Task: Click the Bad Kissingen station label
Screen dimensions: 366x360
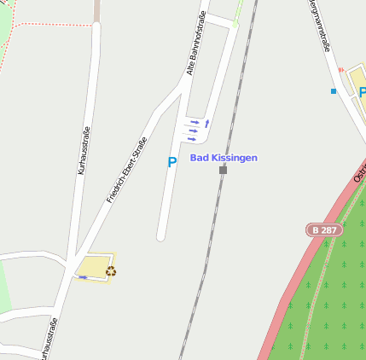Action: point(223,158)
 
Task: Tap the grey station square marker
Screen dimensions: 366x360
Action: point(224,170)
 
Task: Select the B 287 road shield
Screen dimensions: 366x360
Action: point(324,230)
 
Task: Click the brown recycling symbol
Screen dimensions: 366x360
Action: point(111,271)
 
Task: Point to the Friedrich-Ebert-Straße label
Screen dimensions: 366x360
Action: point(126,170)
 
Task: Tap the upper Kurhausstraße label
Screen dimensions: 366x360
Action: point(83,149)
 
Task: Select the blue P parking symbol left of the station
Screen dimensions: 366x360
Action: point(171,162)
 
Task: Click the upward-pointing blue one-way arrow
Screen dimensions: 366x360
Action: point(206,124)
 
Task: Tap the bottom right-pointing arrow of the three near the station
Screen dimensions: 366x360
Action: point(193,139)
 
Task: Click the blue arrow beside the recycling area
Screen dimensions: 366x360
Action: point(83,277)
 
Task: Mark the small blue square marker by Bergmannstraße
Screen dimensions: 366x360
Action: point(334,90)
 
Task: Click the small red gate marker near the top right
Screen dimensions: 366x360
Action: point(340,70)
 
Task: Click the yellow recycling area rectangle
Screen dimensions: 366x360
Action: point(94,267)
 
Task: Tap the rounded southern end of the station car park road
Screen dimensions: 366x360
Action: point(160,235)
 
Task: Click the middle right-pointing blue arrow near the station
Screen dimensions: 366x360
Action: point(193,131)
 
